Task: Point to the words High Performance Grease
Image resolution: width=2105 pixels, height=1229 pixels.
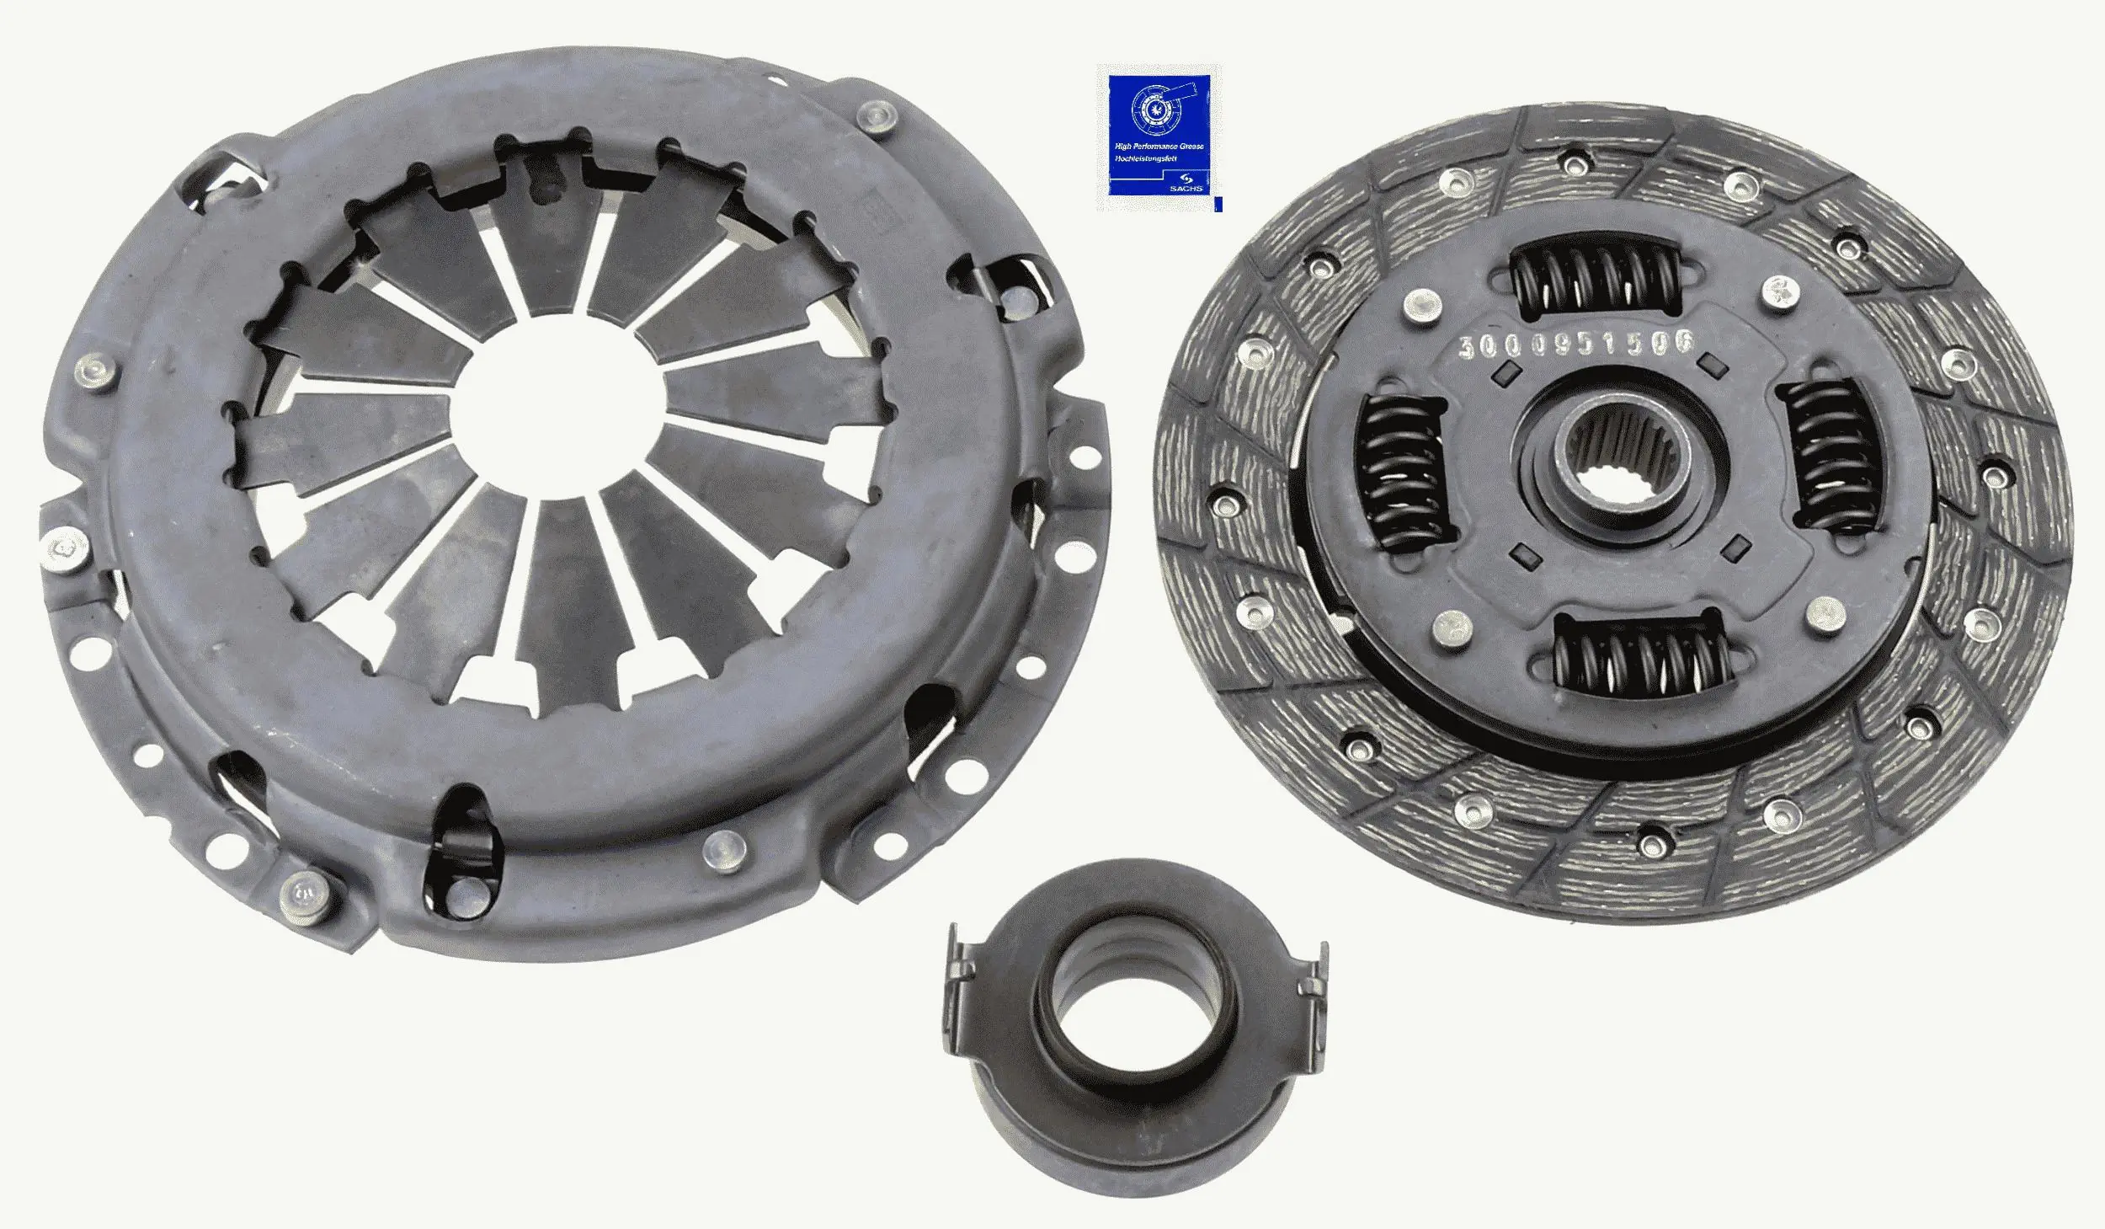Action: pos(1159,146)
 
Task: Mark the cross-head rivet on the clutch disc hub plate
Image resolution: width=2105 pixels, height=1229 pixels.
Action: pos(1779,291)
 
